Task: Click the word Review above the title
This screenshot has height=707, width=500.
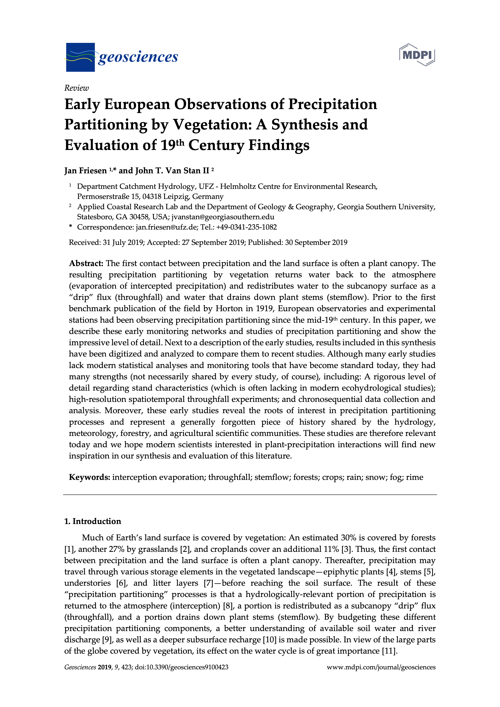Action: [76, 88]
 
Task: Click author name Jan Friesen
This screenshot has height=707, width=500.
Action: [85, 171]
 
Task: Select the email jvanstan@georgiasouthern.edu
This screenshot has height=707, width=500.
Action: [223, 217]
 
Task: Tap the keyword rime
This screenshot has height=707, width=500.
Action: [414, 477]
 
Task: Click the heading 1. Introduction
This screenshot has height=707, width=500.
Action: [92, 521]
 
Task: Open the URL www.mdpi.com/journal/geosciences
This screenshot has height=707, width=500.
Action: [381, 667]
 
